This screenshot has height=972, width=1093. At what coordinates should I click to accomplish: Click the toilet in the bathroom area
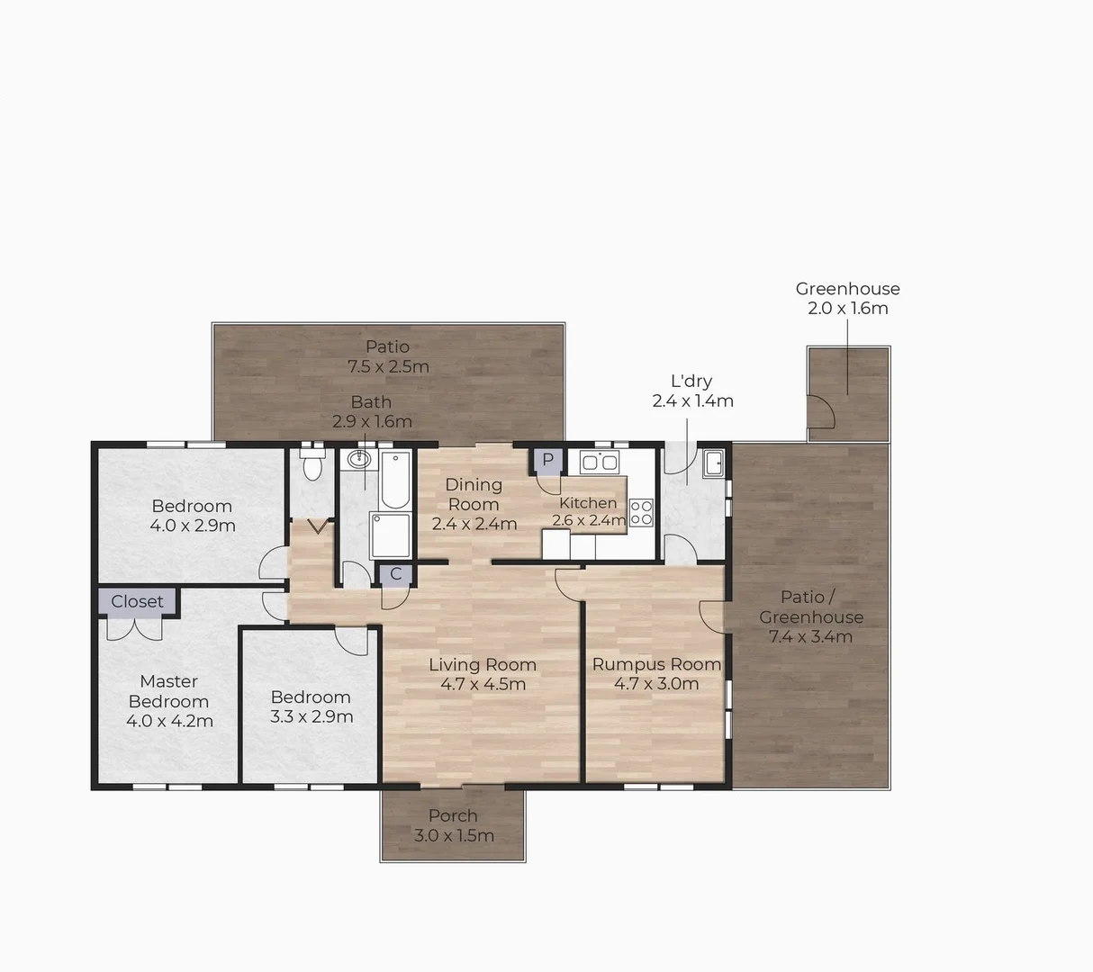tap(312, 467)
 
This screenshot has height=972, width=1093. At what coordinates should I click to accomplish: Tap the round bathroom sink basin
tap(358, 459)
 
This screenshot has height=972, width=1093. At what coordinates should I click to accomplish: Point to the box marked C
tap(395, 574)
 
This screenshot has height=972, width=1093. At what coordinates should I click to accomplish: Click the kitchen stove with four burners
tap(641, 512)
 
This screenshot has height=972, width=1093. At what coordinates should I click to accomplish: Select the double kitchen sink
tap(600, 463)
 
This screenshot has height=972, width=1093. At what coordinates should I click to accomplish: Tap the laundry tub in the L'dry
tap(713, 463)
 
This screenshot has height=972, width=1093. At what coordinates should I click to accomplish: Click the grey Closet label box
tap(138, 601)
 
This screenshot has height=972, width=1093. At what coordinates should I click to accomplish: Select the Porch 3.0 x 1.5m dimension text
tap(454, 835)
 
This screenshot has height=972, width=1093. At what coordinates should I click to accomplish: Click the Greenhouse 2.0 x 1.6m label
tap(847, 298)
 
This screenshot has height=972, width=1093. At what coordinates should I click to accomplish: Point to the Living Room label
tap(483, 664)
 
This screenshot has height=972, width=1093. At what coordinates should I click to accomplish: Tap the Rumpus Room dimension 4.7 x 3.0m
tap(656, 684)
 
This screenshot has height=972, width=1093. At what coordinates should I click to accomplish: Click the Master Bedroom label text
tap(168, 691)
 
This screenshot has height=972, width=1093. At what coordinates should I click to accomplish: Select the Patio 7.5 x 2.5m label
tap(388, 356)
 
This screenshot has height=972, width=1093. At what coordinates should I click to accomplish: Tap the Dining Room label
tap(474, 494)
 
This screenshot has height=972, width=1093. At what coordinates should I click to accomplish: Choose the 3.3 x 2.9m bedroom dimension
tap(312, 716)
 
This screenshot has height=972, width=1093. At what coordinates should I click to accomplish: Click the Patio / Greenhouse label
tap(811, 607)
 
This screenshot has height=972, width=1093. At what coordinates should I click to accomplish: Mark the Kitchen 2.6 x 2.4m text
tap(588, 511)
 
